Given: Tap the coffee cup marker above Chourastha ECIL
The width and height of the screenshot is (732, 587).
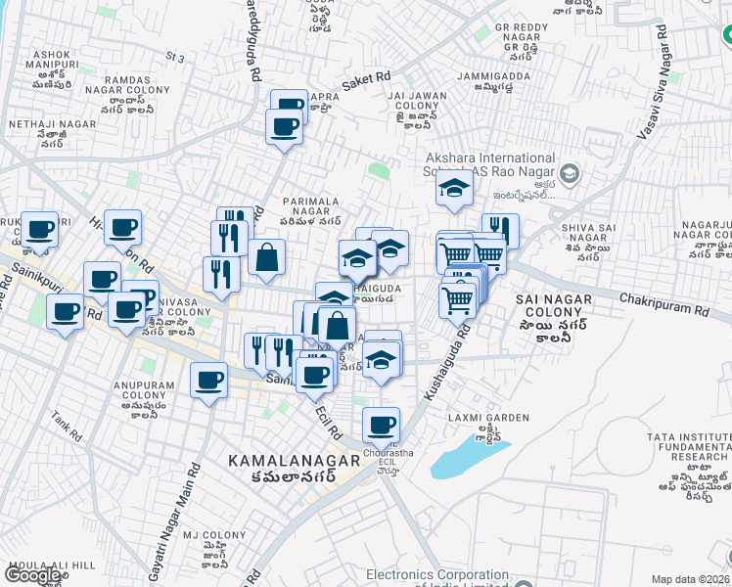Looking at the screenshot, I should (381, 425).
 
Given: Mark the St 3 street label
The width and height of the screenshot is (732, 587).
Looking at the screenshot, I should (175, 59).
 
